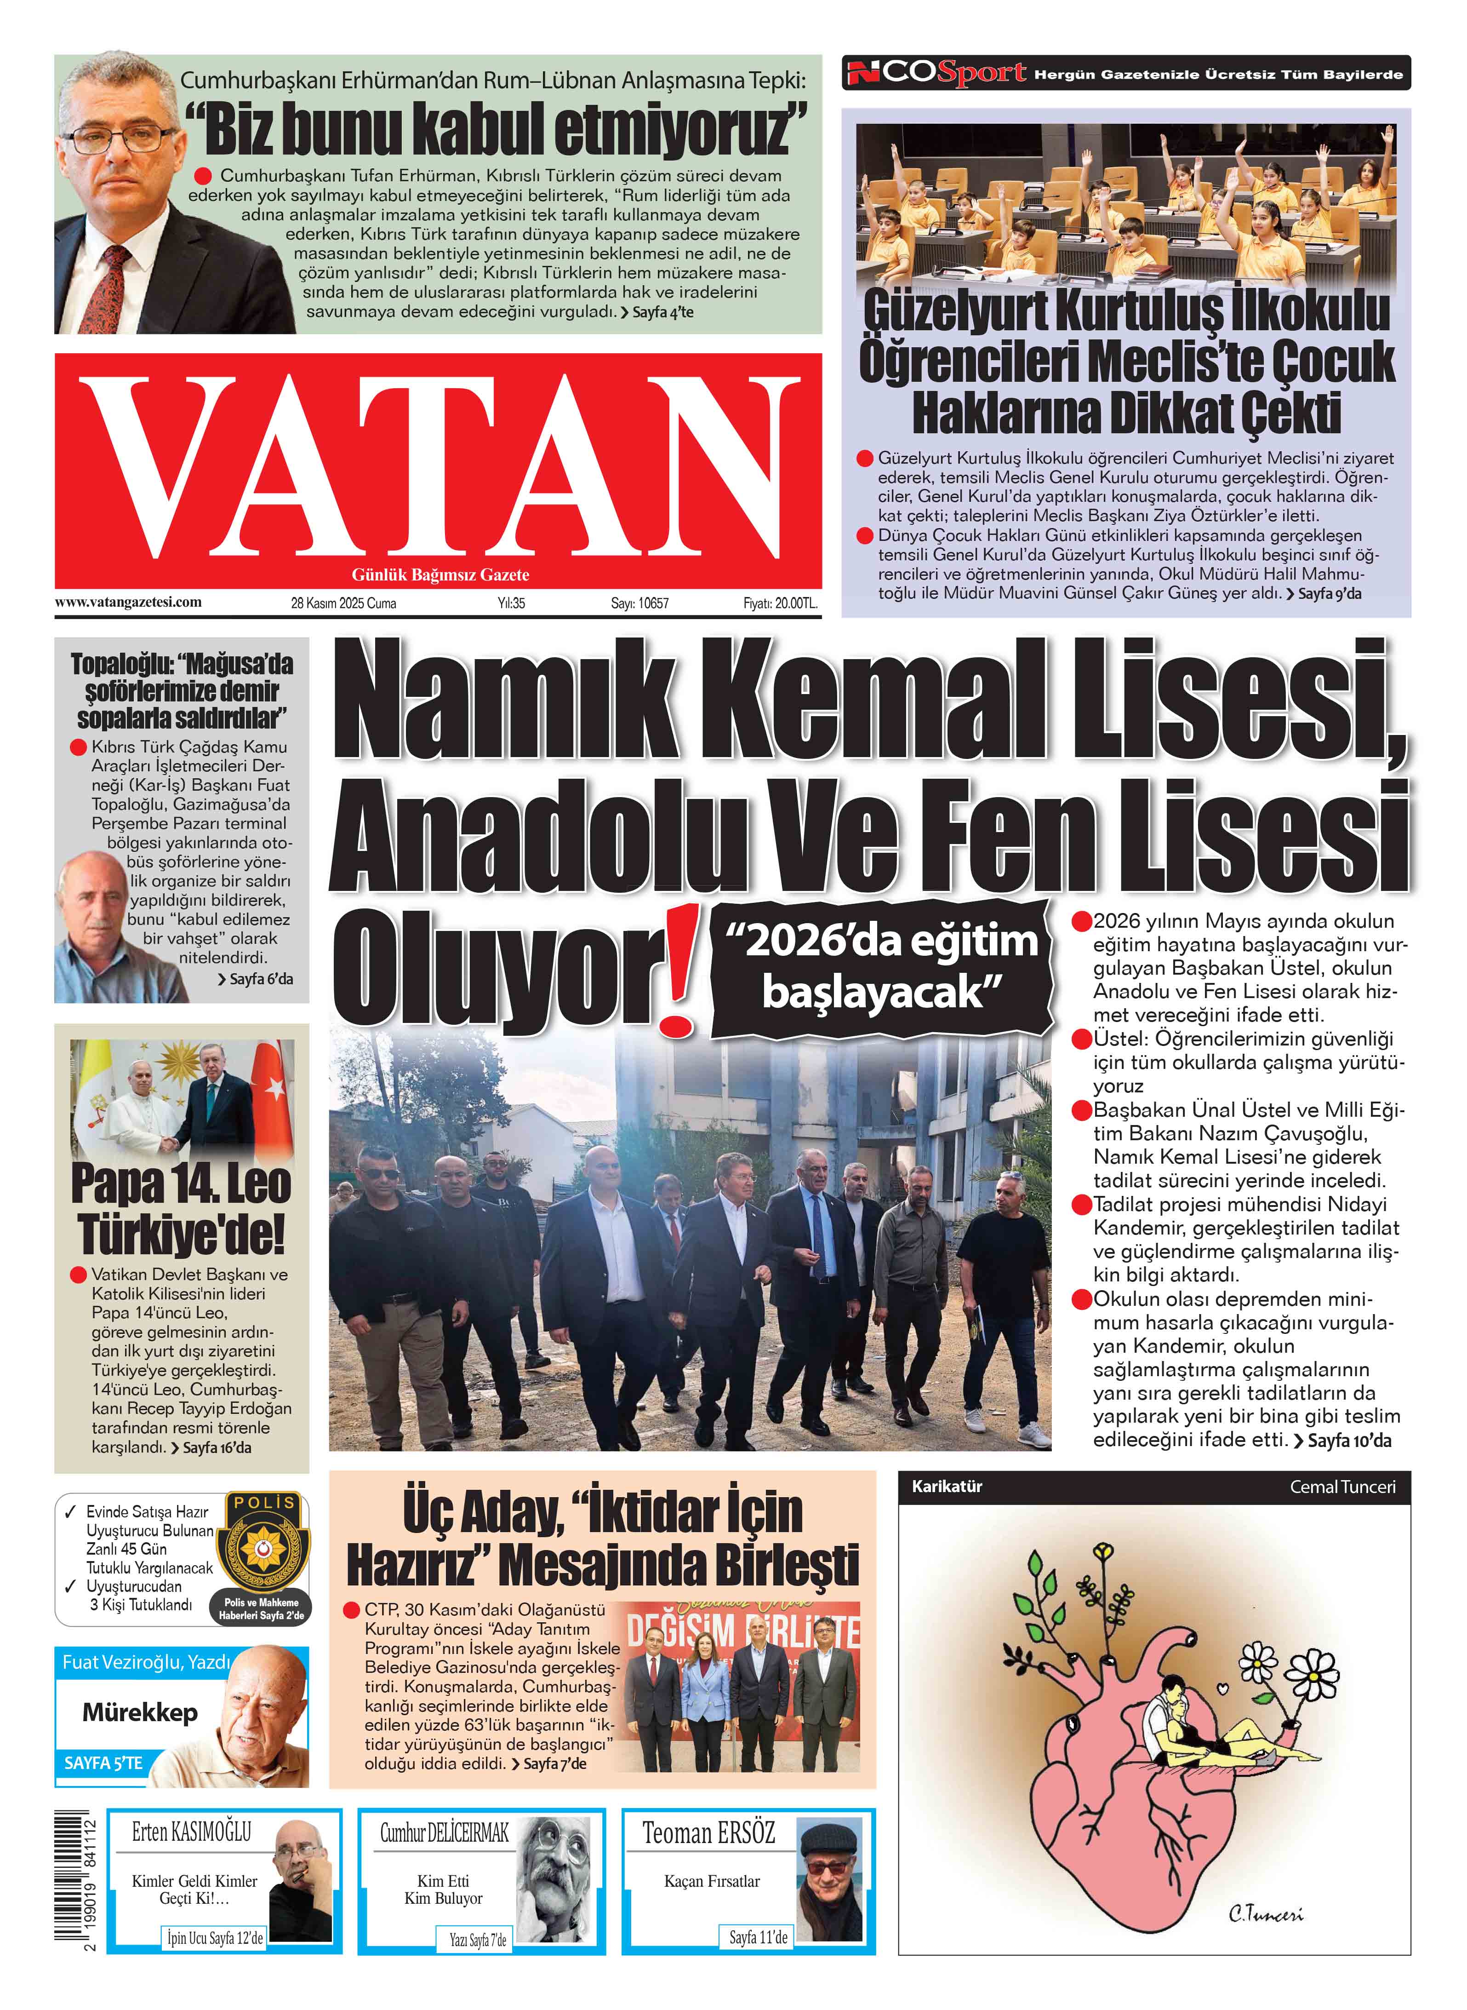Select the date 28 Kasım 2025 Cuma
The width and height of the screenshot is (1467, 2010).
344,603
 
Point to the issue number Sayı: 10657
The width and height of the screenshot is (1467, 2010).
639,603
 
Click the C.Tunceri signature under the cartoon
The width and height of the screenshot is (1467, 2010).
1266,1914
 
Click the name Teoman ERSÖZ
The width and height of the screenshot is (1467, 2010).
708,1832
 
